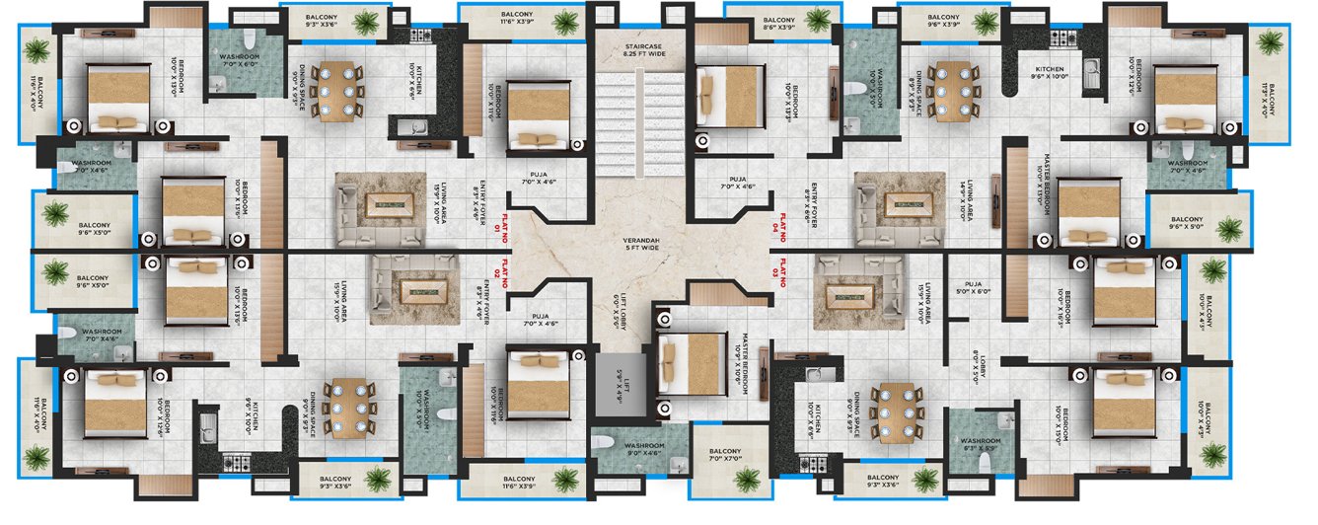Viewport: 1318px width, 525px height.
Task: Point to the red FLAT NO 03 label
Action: tap(782, 273)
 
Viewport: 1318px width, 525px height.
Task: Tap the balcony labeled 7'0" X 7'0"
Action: tap(729, 456)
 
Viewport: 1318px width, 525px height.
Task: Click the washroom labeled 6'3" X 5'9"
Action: tap(980, 446)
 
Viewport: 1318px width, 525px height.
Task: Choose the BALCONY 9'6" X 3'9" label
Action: tap(943, 22)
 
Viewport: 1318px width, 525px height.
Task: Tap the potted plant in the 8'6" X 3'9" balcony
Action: tap(817, 21)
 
